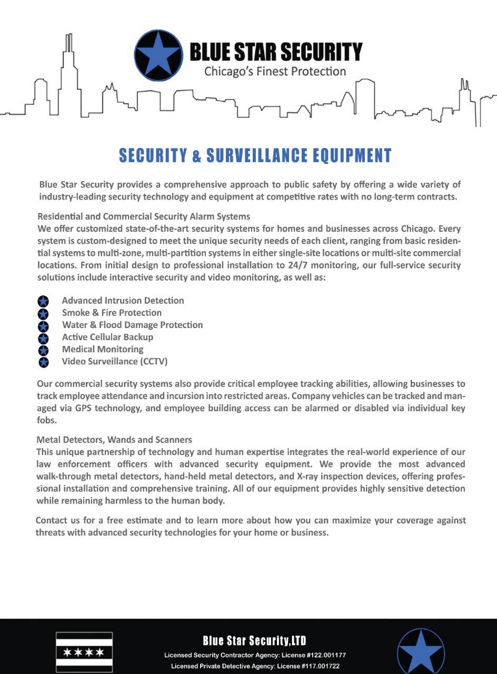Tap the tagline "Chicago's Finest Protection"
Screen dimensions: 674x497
click(275, 71)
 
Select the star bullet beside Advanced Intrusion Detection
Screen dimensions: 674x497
click(43, 301)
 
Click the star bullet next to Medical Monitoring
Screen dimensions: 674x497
click(43, 350)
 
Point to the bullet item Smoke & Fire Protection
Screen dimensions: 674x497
click(112, 313)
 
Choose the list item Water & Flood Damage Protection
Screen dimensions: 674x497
click(132, 325)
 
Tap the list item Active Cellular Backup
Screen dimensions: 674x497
click(107, 337)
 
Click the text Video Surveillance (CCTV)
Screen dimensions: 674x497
click(115, 361)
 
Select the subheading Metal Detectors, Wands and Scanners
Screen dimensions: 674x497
click(114, 439)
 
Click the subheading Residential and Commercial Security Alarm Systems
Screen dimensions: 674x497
click(144, 216)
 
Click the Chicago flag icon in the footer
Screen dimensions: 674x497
click(84, 652)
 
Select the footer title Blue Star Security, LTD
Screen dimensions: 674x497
click(255, 641)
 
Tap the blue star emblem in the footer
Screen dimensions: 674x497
click(420, 652)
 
